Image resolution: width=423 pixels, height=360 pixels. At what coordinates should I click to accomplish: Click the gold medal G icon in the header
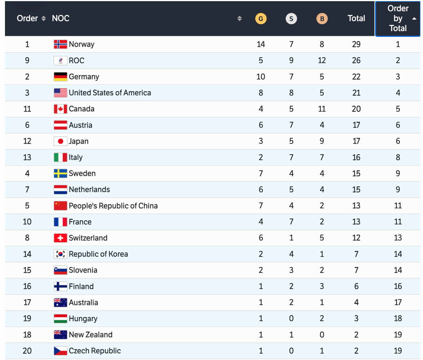click(x=261, y=19)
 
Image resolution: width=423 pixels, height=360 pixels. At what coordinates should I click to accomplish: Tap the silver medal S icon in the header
click(x=291, y=19)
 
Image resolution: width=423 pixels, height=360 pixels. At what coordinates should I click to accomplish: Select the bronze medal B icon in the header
click(x=322, y=19)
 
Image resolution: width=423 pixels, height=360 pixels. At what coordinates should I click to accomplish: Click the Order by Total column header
click(x=398, y=18)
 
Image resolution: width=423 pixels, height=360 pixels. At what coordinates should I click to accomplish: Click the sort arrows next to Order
click(x=44, y=18)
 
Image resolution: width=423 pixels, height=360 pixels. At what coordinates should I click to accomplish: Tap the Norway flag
click(x=61, y=44)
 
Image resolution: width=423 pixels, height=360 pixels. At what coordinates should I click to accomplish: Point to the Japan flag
click(x=61, y=141)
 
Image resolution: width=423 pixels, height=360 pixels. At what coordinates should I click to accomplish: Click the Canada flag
click(x=61, y=109)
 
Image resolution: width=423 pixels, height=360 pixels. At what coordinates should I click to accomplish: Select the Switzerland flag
click(x=61, y=238)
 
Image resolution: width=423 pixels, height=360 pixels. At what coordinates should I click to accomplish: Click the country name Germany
click(x=84, y=77)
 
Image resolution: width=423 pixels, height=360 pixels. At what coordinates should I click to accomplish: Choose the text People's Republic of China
click(x=113, y=206)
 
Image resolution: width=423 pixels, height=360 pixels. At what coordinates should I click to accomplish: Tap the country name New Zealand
click(x=91, y=335)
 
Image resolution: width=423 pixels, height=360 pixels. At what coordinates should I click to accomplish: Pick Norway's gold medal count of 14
click(x=261, y=44)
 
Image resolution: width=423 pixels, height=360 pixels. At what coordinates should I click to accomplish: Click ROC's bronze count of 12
click(x=322, y=60)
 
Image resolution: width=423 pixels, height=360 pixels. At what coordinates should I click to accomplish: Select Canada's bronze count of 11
click(x=322, y=109)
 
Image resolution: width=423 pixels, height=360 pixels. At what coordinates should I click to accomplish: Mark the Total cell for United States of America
click(x=356, y=93)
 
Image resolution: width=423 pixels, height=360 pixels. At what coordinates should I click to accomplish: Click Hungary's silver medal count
click(x=291, y=319)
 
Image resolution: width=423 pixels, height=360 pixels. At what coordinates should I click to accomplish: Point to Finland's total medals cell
click(x=356, y=286)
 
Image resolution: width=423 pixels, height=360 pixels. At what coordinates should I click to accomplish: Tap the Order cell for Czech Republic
click(x=27, y=351)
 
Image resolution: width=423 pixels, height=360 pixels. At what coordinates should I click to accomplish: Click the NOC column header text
click(x=61, y=18)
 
